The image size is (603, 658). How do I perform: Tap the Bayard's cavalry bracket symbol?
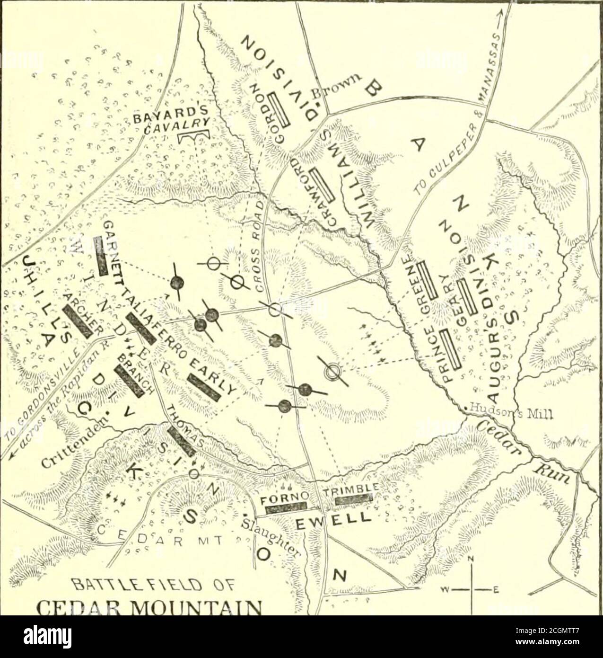click(x=193, y=136)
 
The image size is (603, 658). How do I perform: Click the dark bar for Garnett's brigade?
click(x=101, y=256)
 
